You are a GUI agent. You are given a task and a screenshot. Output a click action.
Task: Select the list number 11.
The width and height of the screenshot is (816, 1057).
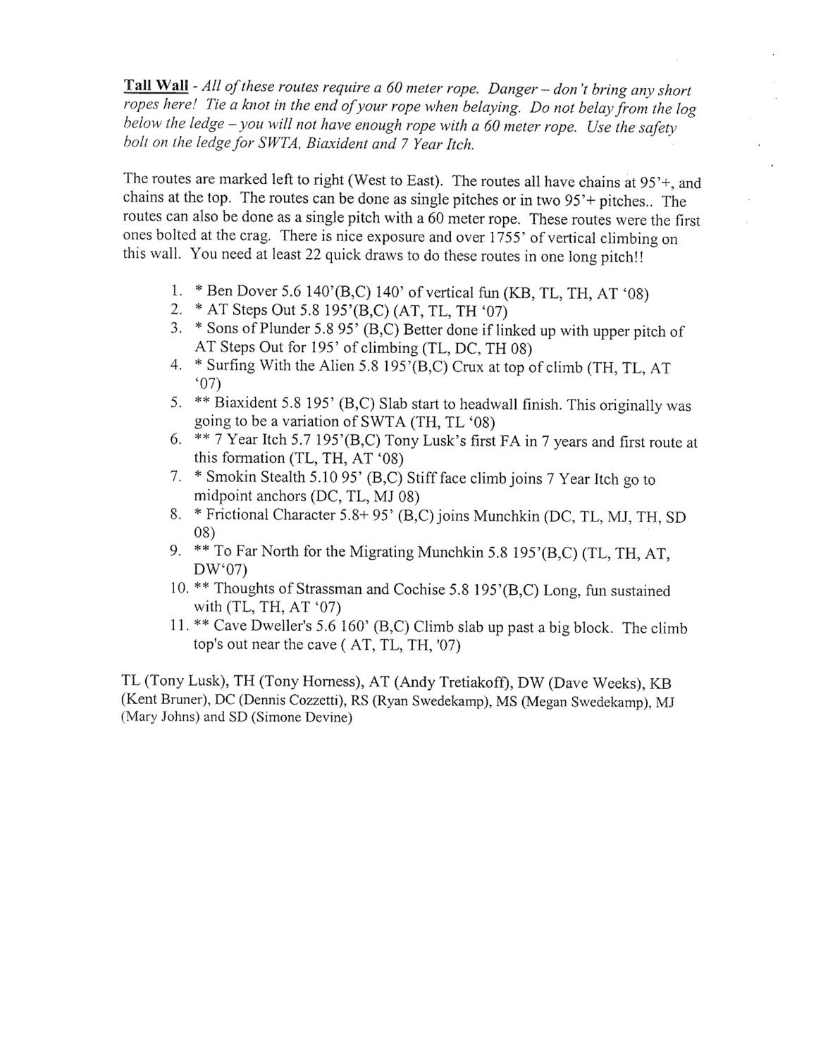(x=176, y=626)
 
